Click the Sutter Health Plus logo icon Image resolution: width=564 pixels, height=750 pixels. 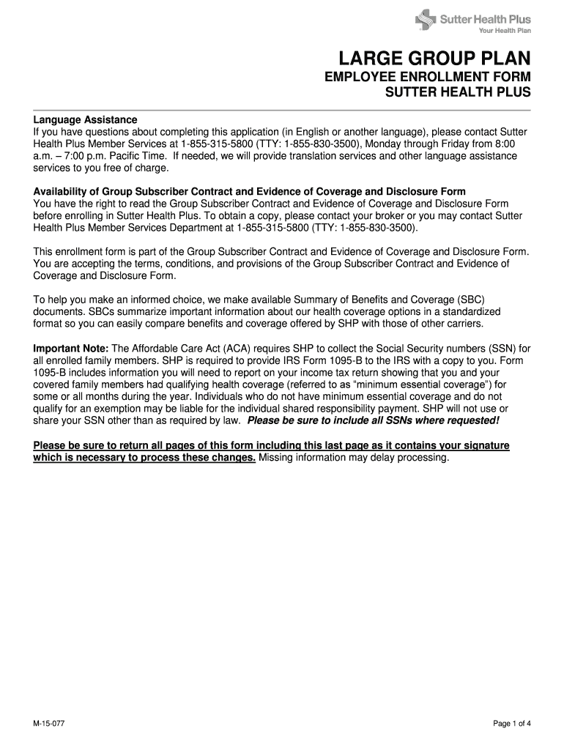coord(424,19)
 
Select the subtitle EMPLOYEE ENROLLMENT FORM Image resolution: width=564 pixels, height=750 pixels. coord(428,78)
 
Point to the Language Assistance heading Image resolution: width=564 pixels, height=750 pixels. coord(85,119)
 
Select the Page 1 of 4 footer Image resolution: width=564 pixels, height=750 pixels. coord(512,724)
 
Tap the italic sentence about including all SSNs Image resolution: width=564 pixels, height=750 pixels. coord(374,420)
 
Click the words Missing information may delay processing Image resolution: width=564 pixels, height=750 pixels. coord(353,458)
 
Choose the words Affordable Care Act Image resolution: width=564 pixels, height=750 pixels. coord(174,349)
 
